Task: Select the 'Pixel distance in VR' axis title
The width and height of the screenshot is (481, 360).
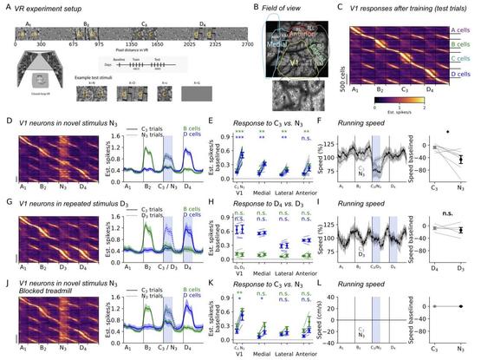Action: click(134, 49)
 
